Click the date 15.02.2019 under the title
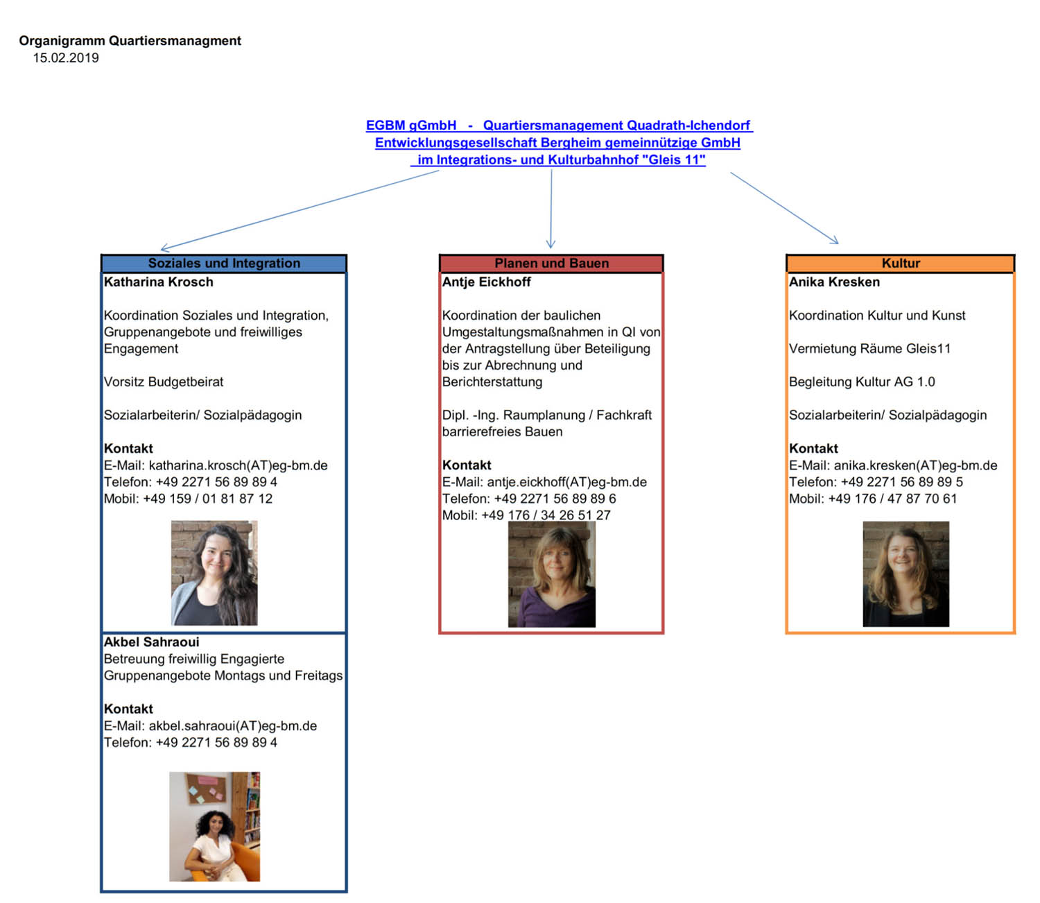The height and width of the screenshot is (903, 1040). coord(66,58)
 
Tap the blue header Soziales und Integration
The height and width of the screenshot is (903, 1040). coord(224,264)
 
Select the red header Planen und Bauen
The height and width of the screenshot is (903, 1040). coord(551,264)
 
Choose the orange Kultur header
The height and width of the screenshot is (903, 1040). coord(901,264)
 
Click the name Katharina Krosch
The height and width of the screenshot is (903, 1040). coord(159,282)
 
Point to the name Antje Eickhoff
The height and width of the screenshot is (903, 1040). coord(487,282)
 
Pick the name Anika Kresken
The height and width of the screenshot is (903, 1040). coord(834,282)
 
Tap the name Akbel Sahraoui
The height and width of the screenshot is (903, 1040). coord(152,642)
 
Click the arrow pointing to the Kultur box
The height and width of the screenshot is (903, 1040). coord(783,207)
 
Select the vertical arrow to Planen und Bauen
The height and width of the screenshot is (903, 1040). coord(551,208)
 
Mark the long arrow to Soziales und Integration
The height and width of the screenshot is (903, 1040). coord(298,209)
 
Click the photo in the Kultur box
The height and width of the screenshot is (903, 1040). coord(905,574)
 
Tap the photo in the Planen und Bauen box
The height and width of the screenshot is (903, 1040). coord(551,574)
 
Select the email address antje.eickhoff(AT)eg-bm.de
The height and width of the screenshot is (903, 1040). coord(566,482)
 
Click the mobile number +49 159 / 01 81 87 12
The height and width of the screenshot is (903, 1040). coord(207,499)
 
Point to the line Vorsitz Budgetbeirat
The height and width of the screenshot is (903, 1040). coord(164,382)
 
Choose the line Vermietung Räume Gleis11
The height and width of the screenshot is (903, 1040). coord(869,349)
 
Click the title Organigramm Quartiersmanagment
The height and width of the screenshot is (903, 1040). coord(130,41)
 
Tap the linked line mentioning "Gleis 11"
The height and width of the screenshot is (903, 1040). coord(561,160)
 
